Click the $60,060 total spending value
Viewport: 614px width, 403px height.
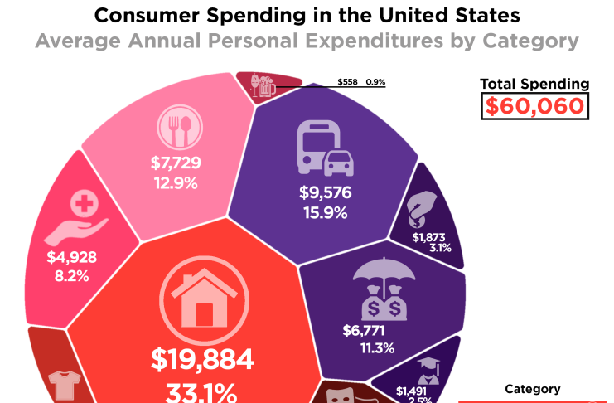point(536,106)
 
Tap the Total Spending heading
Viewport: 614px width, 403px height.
point(535,84)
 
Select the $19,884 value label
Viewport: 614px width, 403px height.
point(202,360)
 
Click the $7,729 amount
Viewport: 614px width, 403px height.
point(176,163)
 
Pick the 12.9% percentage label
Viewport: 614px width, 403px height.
point(176,182)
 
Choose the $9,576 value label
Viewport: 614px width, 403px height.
point(326,193)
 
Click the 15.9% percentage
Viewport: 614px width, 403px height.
point(326,212)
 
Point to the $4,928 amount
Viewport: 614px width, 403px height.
point(73,257)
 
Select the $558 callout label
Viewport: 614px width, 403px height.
point(348,82)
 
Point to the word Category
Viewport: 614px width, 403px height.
point(533,389)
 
